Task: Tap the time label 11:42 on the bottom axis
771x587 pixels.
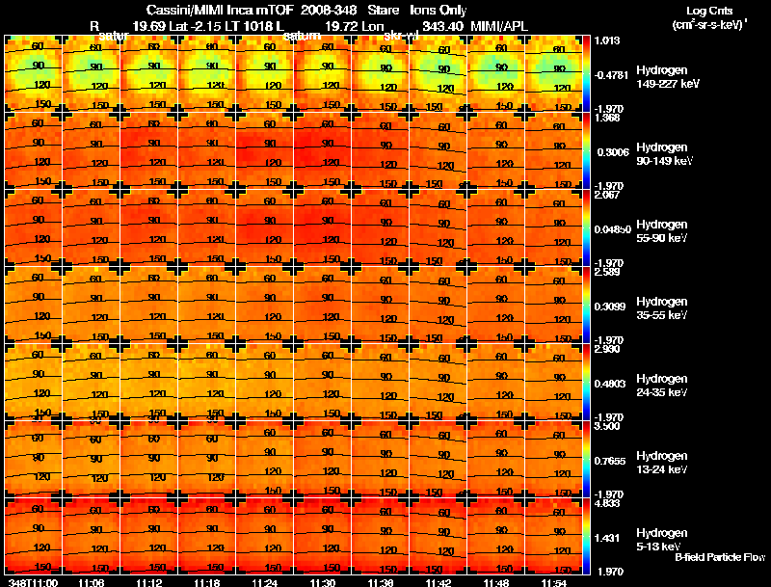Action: point(438,582)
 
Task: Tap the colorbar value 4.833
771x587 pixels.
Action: point(607,504)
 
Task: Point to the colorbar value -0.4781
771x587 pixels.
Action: point(612,74)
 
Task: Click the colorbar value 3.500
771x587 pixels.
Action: point(607,427)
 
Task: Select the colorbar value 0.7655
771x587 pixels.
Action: point(610,460)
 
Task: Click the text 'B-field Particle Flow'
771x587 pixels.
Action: point(719,557)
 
